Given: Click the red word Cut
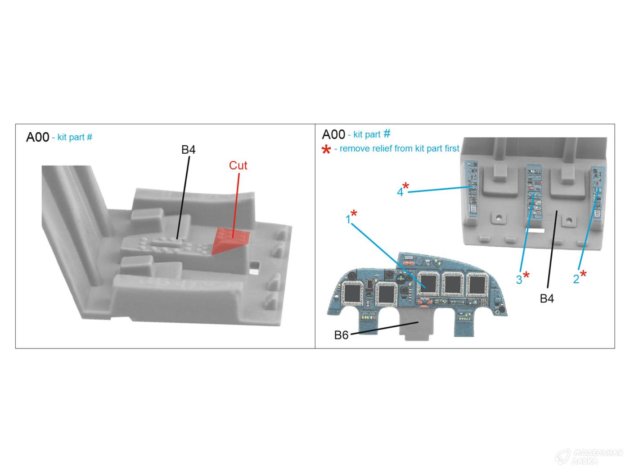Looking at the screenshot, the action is click(x=238, y=165).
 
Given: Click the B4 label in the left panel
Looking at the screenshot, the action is click(x=188, y=150).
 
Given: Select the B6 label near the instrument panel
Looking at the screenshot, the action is click(x=341, y=335).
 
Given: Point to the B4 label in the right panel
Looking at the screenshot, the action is click(x=547, y=298).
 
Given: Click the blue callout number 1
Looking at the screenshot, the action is click(x=348, y=219).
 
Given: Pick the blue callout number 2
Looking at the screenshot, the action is click(x=576, y=279).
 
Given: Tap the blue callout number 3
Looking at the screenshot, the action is click(x=519, y=280).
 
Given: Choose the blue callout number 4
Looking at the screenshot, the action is click(x=400, y=192).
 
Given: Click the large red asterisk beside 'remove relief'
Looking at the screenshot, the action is click(x=326, y=149).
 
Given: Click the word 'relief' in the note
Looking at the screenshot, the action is click(x=382, y=148).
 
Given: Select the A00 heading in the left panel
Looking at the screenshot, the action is click(x=38, y=137).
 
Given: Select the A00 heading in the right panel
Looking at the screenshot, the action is click(x=333, y=134).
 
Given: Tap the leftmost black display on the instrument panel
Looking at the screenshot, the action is click(x=352, y=293).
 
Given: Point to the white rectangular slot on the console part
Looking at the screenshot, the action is click(x=535, y=231).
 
